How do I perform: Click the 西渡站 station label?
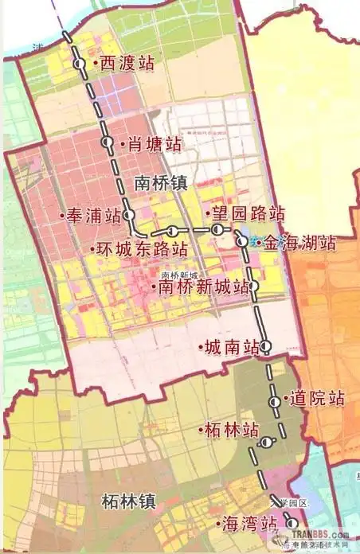pyautogui.click(x=125, y=64)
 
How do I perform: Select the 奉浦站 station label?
pyautogui.click(x=92, y=216)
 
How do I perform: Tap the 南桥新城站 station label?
pyautogui.click(x=205, y=287)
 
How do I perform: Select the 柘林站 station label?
pyautogui.click(x=229, y=431)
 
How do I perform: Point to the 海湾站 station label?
pyautogui.click(x=248, y=524)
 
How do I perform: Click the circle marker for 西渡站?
pyautogui.click(x=79, y=64)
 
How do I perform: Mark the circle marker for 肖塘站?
pyautogui.click(x=108, y=142)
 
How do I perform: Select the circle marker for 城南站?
pyautogui.click(x=266, y=345)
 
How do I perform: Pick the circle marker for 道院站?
pyautogui.click(x=275, y=402)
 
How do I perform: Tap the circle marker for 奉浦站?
pyautogui.click(x=130, y=215)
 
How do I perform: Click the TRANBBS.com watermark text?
pyautogui.click(x=318, y=536)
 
